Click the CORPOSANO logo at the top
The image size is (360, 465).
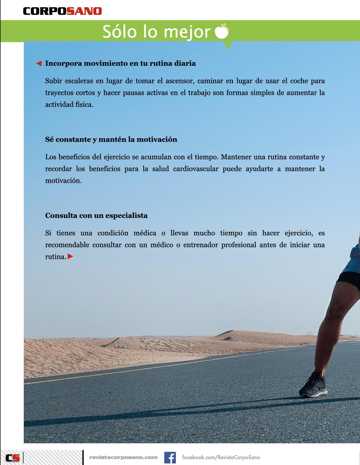click(x=62, y=11)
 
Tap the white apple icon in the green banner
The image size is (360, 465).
click(x=222, y=31)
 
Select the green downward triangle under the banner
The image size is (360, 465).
click(x=228, y=46)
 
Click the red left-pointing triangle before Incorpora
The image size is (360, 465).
click(x=39, y=63)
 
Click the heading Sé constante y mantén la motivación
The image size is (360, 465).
click(x=111, y=139)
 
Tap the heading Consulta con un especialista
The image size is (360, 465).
click(x=96, y=215)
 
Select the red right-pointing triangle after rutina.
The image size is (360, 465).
click(x=71, y=257)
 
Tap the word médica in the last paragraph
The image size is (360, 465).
click(x=145, y=233)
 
